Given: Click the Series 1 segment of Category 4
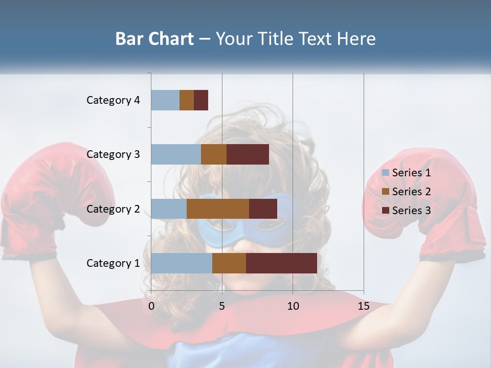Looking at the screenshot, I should [165, 100].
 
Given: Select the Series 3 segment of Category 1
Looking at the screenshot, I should [281, 263].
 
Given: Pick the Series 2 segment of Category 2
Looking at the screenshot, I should [218, 209].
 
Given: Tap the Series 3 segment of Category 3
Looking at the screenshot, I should [248, 154].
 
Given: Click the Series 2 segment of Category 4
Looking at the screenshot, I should [187, 100].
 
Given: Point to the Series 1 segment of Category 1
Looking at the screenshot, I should [182, 263].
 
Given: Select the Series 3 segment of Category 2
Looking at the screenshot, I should [263, 209].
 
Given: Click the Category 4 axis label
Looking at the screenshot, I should [113, 100].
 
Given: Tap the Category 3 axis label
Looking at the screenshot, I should [113, 154].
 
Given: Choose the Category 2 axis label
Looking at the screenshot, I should [113, 209].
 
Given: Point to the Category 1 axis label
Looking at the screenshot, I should [113, 263].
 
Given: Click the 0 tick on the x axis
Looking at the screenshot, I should [151, 306].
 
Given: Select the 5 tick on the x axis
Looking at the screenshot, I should [222, 306].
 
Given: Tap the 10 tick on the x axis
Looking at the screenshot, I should [293, 306].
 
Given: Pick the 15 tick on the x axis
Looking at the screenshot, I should [364, 306].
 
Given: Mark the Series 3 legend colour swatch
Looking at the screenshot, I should [385, 211].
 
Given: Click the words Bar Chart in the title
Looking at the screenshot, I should [154, 39].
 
